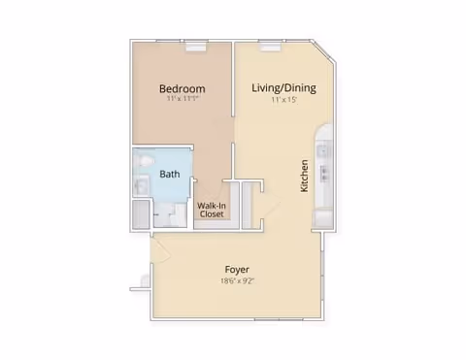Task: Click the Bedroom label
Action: point(182,88)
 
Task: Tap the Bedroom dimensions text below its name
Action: point(182,100)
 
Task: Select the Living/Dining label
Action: point(283,88)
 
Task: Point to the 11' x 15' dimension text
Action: point(283,100)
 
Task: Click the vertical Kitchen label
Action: point(304,176)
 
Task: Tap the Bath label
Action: point(170,175)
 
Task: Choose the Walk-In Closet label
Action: point(212,211)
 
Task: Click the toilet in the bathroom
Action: point(143,160)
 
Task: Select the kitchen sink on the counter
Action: point(326,175)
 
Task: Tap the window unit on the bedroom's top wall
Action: point(193,42)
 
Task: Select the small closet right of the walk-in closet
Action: point(248,203)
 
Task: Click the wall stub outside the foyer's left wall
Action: point(137,288)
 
